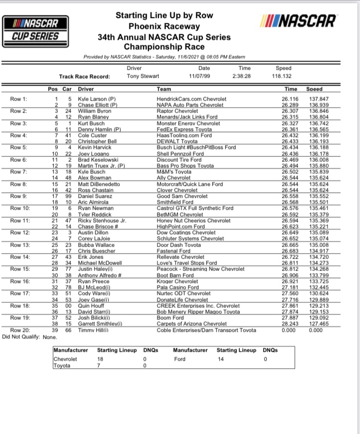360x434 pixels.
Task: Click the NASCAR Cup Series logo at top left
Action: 33,29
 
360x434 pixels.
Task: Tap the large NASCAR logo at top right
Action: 298,21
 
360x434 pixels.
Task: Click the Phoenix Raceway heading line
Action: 164,26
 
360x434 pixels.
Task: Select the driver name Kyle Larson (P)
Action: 97,99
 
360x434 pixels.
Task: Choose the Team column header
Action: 164,89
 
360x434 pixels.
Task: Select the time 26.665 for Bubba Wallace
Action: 289,245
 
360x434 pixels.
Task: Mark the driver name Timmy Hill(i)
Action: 93,330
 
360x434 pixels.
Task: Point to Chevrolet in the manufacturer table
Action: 65,359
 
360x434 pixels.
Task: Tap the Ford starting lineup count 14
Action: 220,359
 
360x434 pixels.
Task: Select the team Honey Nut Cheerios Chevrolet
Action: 193,220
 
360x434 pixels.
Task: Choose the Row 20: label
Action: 20,330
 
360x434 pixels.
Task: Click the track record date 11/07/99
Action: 204,77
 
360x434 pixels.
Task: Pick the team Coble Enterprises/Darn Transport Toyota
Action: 206,330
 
